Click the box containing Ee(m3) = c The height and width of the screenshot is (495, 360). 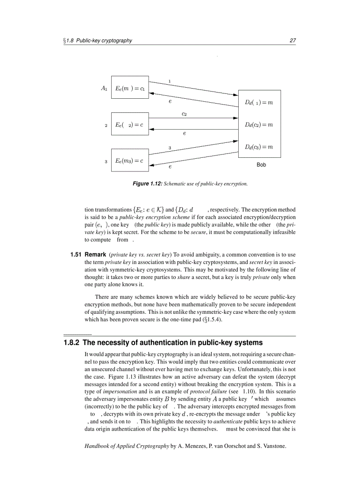click(130, 161)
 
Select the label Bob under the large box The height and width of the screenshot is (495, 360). click(261, 165)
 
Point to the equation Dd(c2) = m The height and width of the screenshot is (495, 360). click(259, 125)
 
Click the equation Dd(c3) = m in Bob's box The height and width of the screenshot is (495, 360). click(259, 147)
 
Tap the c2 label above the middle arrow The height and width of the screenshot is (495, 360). click(184, 114)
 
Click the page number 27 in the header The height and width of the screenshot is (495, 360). click(292, 41)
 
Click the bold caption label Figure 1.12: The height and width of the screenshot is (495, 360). click(148, 183)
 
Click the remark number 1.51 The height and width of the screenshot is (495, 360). click(76, 255)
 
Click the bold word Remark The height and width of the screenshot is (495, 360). click(95, 255)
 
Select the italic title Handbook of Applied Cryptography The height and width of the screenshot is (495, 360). click(127, 446)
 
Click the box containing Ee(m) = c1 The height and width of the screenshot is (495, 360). click(130, 88)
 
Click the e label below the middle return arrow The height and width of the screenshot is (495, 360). click(184, 133)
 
